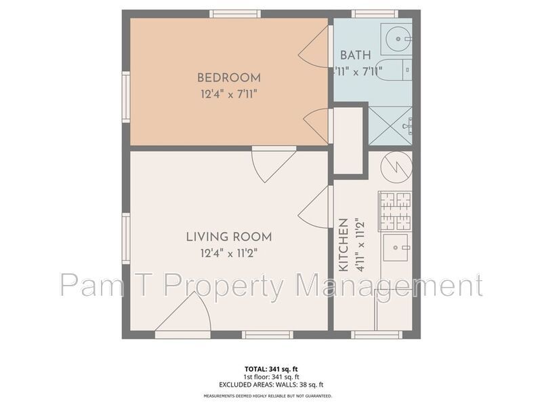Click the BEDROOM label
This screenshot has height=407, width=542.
click(228, 78)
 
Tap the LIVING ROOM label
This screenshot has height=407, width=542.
click(229, 237)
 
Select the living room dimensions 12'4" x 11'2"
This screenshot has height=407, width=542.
click(229, 253)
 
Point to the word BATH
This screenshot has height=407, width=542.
click(356, 56)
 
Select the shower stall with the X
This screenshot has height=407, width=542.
click(391, 125)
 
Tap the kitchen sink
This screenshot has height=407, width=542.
click(396, 248)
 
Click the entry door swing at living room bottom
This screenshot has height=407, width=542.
click(185, 313)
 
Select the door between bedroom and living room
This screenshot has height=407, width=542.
click(272, 163)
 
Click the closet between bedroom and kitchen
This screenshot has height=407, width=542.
click(350, 142)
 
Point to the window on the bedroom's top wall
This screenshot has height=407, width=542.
click(234, 14)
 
